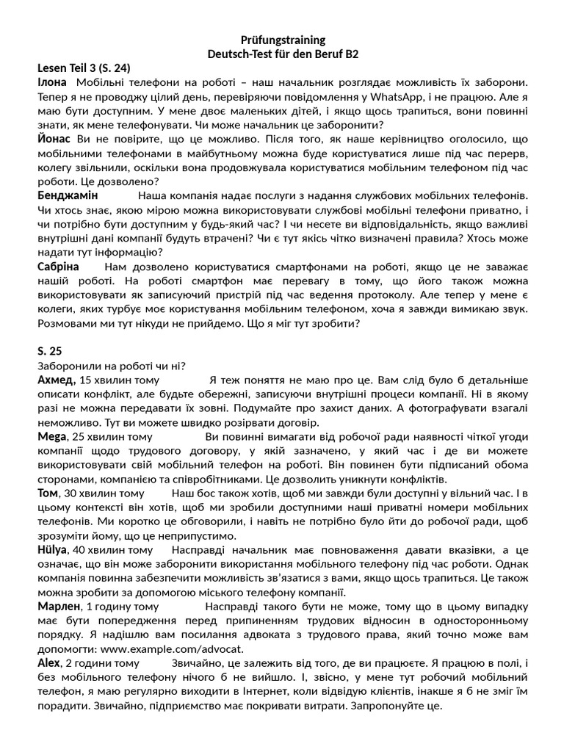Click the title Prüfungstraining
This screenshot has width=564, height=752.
[x=283, y=40]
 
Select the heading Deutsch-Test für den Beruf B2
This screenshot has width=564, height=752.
[x=283, y=54]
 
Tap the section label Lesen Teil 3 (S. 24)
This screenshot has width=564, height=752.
[x=84, y=68]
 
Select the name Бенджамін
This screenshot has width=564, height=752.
[x=68, y=196]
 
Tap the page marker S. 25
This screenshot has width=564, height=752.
[x=50, y=351]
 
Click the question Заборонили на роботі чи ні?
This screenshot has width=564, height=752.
[x=111, y=365]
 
